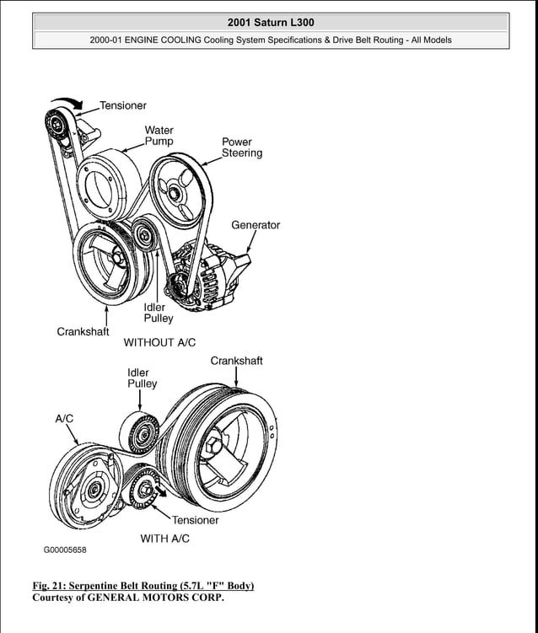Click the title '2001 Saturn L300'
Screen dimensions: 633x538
[x=271, y=21]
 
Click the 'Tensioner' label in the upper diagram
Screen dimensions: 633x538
[x=122, y=105]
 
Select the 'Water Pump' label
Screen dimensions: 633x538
[x=159, y=136]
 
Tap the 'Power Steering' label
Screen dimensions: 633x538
[x=242, y=148]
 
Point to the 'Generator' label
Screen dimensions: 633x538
[x=256, y=225]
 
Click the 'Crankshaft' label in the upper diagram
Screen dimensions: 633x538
[x=83, y=331]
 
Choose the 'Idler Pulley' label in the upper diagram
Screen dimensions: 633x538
[x=158, y=313]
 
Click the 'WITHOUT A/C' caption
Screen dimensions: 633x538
[x=159, y=343]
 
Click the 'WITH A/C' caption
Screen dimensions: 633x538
[x=164, y=539]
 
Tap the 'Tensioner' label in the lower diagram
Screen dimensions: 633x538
[x=195, y=520]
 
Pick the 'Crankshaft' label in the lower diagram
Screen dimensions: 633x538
[x=236, y=361]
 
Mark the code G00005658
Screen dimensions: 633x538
[x=65, y=550]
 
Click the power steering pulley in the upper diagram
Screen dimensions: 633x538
[x=176, y=192]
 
